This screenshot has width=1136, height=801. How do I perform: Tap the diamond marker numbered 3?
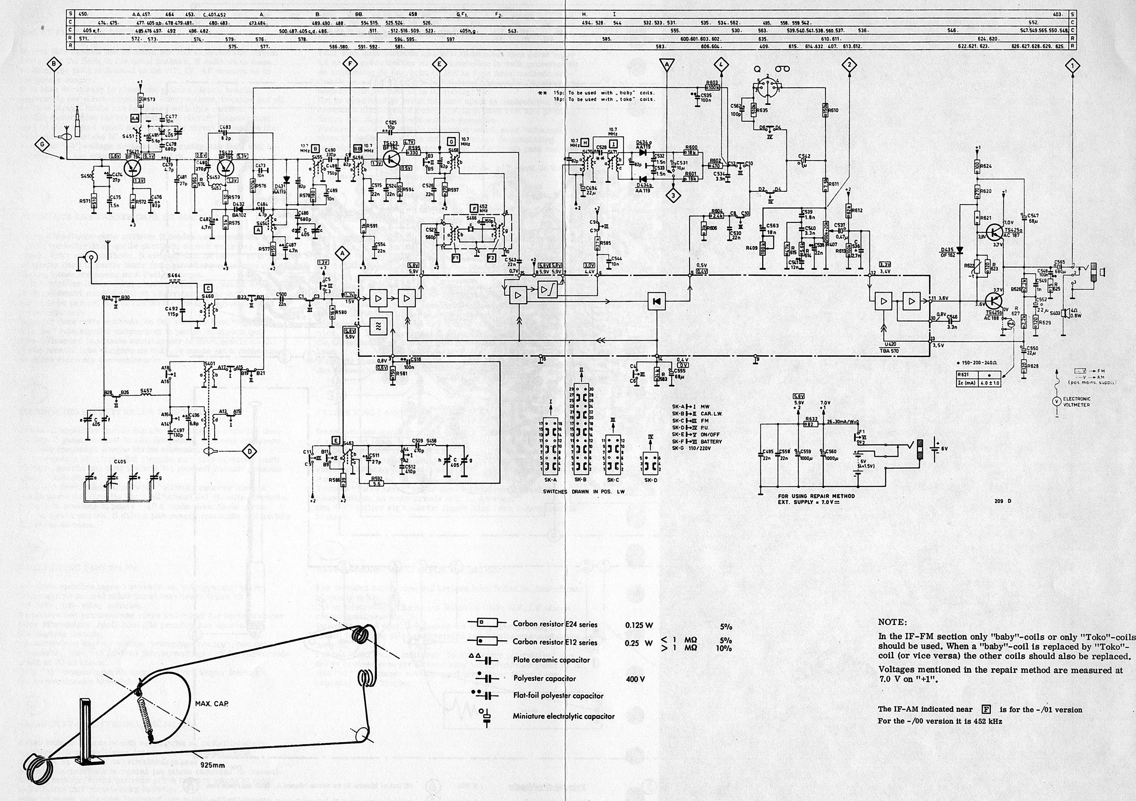pyautogui.click(x=673, y=196)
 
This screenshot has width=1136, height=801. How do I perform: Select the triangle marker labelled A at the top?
pyautogui.click(x=666, y=64)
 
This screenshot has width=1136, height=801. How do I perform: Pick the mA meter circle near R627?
pyautogui.click(x=1006, y=322)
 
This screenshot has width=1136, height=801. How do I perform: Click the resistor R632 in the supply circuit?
pyautogui.click(x=810, y=424)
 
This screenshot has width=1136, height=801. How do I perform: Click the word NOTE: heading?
pyautogui.click(x=893, y=622)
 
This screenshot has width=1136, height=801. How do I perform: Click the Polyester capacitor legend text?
pyautogui.click(x=544, y=678)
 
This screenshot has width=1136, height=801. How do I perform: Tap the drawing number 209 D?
pyautogui.click(x=1003, y=501)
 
